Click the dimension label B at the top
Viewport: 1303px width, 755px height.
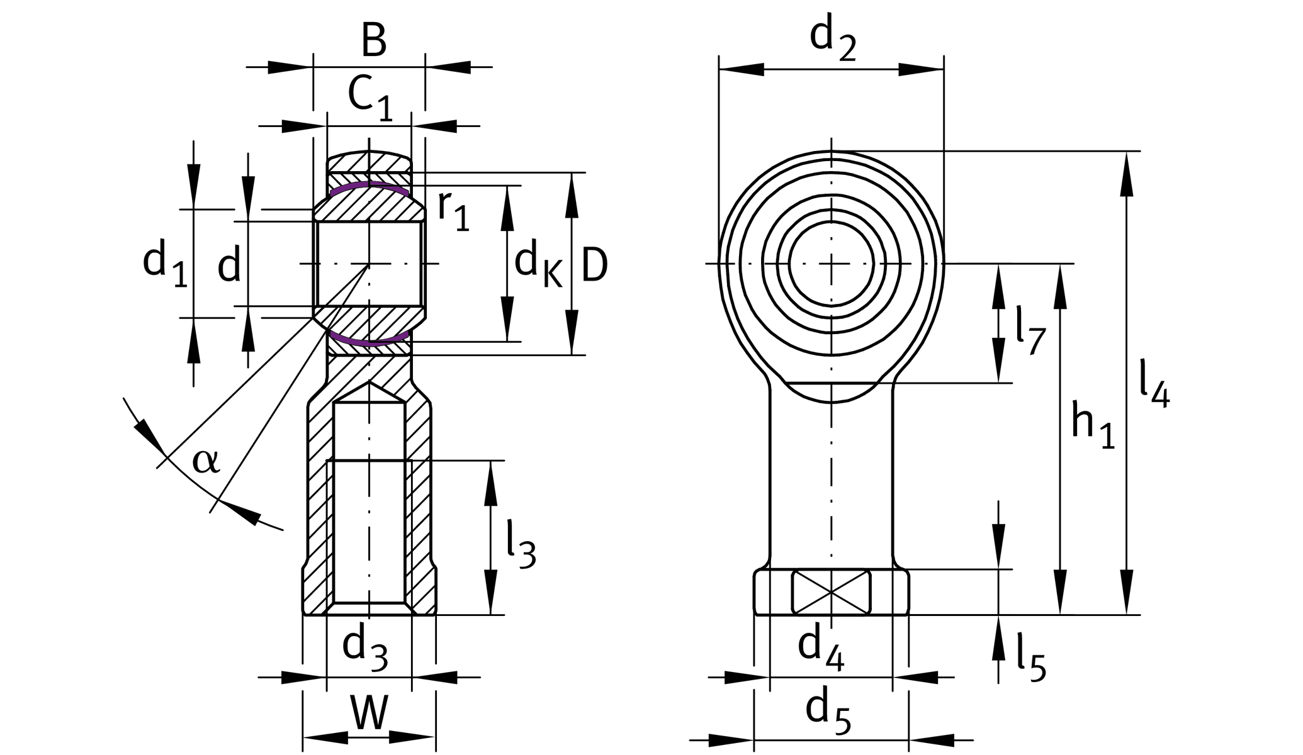click(373, 42)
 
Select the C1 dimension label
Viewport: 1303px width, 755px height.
click(370, 98)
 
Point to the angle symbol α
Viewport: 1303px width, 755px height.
click(206, 461)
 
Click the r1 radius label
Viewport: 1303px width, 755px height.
click(453, 210)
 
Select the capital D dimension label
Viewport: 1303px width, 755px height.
click(594, 265)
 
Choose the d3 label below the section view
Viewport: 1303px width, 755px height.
click(364, 648)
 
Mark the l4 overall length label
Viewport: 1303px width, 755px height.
click(1154, 384)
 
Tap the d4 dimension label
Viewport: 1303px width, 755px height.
click(820, 649)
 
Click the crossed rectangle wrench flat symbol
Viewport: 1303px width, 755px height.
click(831, 591)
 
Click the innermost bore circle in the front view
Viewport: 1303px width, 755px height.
click(832, 263)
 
